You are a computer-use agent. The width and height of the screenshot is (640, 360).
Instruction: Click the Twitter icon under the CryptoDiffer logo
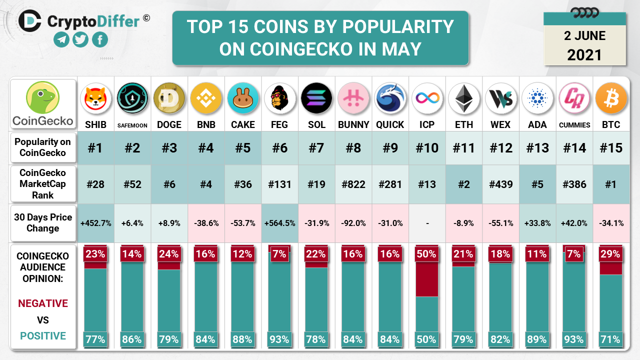click(80, 39)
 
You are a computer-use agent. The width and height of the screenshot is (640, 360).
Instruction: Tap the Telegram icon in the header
click(61, 39)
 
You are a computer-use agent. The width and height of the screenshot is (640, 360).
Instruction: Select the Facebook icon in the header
click(100, 39)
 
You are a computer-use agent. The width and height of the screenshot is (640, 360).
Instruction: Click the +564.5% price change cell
click(279, 223)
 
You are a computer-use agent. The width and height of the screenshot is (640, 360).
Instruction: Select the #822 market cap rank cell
click(353, 184)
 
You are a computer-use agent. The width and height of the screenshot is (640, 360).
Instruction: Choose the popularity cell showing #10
click(427, 148)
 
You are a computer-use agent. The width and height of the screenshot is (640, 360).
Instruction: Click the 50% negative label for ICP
click(427, 254)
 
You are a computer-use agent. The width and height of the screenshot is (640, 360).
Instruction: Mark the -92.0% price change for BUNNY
click(353, 223)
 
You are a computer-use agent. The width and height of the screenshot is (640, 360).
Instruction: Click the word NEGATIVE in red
click(43, 303)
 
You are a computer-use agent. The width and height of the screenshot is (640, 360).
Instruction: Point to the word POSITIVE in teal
click(43, 335)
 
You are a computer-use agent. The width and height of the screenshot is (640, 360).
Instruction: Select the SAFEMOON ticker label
click(132, 125)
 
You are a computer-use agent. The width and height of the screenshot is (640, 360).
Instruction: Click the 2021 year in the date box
click(584, 54)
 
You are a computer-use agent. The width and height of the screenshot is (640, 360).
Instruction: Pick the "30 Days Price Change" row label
click(43, 223)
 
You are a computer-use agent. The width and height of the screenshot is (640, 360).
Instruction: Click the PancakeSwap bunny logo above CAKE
click(242, 98)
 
